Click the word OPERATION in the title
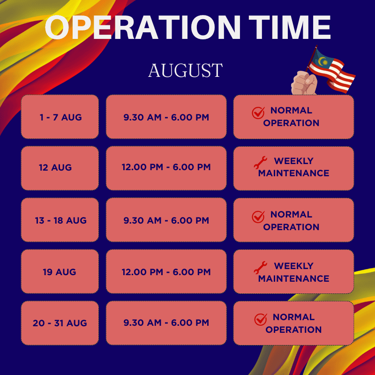[x=142, y=27]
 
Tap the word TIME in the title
[x=290, y=27]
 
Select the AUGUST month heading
[x=185, y=70]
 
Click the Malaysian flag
[x=331, y=69]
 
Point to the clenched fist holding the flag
[x=304, y=83]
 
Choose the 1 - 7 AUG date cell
[x=60, y=117]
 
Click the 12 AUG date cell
[x=60, y=168]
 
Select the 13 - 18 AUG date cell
[x=60, y=220]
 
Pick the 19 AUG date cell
[x=60, y=271]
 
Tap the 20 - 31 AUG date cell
[x=60, y=323]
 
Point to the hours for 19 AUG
[x=166, y=271]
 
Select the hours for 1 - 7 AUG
[x=166, y=117]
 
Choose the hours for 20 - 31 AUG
[x=166, y=323]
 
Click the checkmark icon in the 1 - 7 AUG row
[x=258, y=112]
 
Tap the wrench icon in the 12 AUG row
[x=260, y=163]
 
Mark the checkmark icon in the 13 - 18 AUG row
[x=258, y=217]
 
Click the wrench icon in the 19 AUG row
[x=260, y=267]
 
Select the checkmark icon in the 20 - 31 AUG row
[x=261, y=319]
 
